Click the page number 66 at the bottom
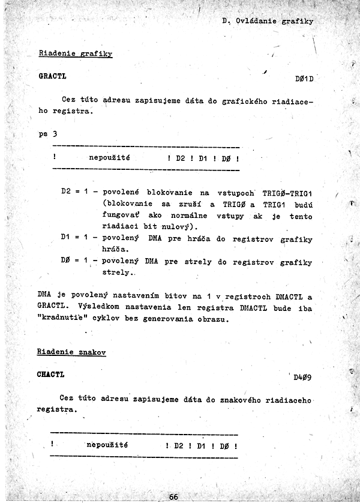pyautogui.click(x=173, y=496)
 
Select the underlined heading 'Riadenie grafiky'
pyautogui.click(x=76, y=53)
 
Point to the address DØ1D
pyautogui.click(x=305, y=79)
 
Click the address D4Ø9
pyautogui.click(x=302, y=378)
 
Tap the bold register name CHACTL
pyautogui.click(x=51, y=375)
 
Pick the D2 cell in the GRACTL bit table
pyautogui.click(x=182, y=160)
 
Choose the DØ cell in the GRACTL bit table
pyautogui.click(x=226, y=160)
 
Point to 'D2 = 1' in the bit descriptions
pyautogui.click(x=75, y=192)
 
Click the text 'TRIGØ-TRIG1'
pyautogui.click(x=287, y=192)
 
